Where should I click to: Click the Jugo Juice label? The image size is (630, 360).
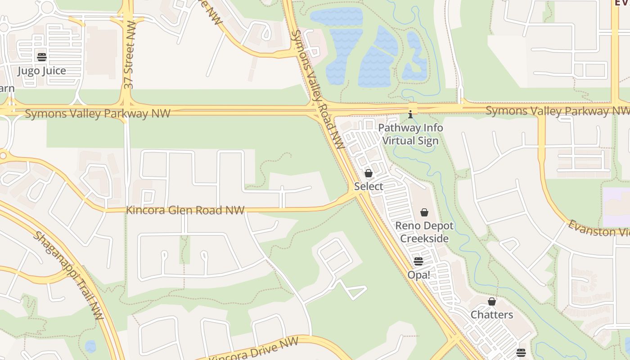tap(41, 71)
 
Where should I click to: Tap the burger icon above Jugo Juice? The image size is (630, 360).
tap(42, 57)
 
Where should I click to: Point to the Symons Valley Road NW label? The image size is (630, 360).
tap(318, 90)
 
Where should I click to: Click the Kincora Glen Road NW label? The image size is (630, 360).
tap(185, 210)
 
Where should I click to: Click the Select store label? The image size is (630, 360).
tap(369, 186)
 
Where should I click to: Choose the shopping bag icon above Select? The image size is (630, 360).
tap(369, 173)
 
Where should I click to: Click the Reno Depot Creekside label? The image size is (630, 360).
tap(424, 232)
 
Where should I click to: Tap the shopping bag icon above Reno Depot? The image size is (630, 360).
tap(424, 212)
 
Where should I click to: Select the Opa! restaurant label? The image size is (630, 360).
tap(418, 274)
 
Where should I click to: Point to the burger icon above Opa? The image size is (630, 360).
tap(418, 261)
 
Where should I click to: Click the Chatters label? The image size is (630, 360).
tap(492, 315)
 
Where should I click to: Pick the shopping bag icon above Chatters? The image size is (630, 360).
tap(492, 301)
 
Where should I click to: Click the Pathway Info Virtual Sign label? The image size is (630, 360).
tap(410, 134)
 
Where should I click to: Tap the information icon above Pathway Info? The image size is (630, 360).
tap(410, 114)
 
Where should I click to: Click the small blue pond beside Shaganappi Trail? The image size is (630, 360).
tap(90, 346)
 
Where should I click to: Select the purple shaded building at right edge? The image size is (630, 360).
tap(616, 207)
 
